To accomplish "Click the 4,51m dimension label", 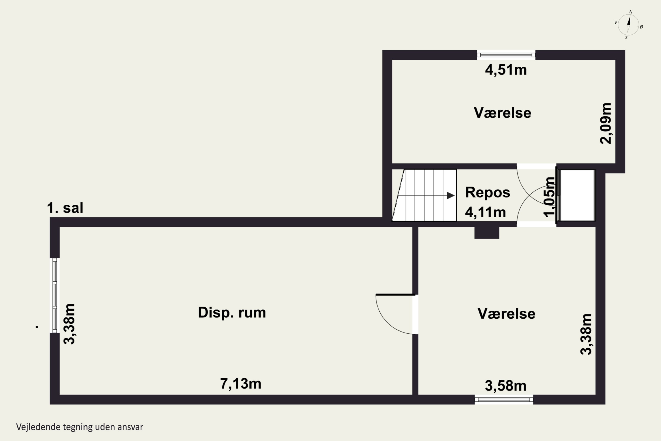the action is tap(506, 70).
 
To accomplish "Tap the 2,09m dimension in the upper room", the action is tap(605, 123).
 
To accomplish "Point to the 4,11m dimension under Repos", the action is tap(485, 212).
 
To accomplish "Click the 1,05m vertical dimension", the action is tap(550, 197).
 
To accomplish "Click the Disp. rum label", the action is tap(232, 312).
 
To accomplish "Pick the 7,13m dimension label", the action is tap(241, 384).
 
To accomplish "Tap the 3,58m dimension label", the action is tap(506, 386).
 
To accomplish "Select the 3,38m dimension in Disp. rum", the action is tap(69, 324).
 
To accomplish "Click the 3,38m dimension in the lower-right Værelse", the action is tap(586, 334).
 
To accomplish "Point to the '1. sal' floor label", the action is tap(65, 208).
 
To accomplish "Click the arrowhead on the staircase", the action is tap(451, 195).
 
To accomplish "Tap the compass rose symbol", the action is tap(629, 25).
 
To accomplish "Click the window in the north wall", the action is tap(506, 55).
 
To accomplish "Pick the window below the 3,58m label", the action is tap(504, 399).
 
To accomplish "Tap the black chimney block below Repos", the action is tap(487, 233).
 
